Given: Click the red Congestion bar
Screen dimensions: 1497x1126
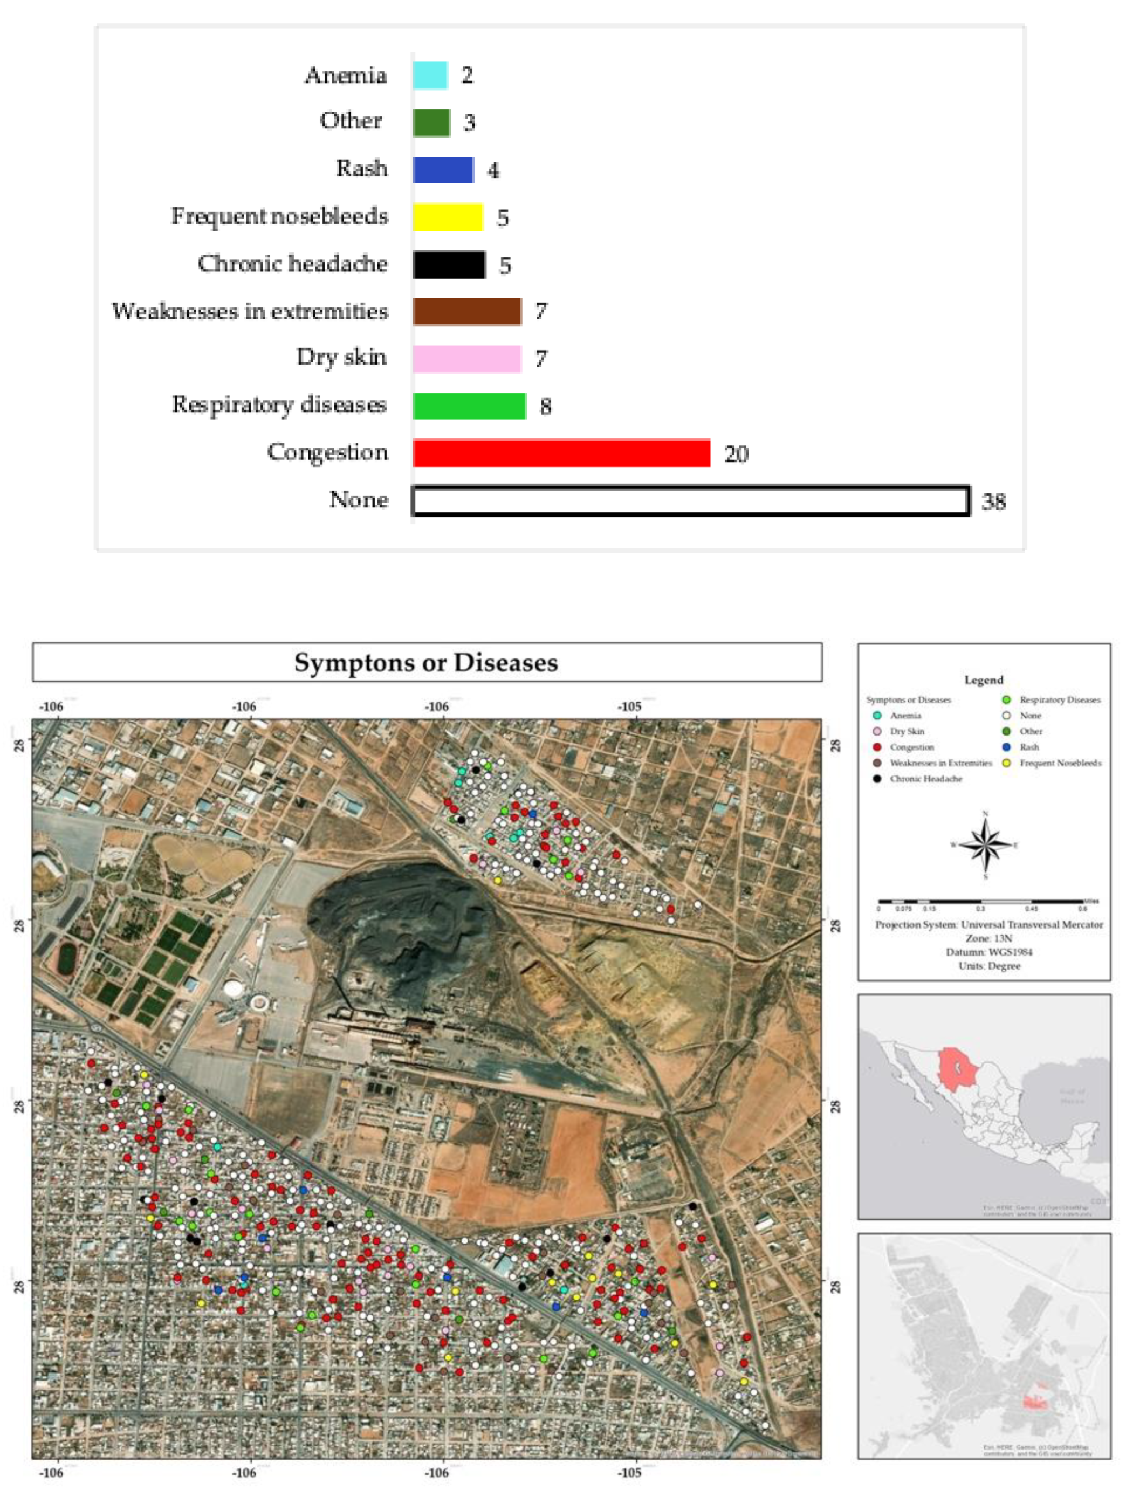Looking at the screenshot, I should click(x=561, y=453).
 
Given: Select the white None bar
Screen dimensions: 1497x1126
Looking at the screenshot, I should click(x=690, y=501).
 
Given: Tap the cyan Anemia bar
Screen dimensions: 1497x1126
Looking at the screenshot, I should click(x=430, y=75).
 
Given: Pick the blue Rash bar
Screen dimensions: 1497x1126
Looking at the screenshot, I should click(x=443, y=170).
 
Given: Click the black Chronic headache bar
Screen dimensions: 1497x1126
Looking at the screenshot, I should click(x=449, y=265).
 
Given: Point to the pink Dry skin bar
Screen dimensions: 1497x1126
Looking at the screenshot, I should click(x=466, y=359).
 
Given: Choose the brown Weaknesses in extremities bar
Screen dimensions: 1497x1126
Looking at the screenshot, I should click(x=466, y=311).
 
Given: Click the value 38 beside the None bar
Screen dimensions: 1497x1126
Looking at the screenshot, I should click(x=993, y=502).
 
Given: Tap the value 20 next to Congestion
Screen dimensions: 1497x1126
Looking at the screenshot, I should click(x=736, y=454).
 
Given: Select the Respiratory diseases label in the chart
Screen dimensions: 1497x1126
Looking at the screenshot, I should click(x=279, y=404).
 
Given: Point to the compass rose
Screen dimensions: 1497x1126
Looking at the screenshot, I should click(x=985, y=844).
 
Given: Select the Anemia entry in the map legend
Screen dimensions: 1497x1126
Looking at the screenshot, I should click(x=905, y=716).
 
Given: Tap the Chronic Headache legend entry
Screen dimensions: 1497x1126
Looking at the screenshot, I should click(x=925, y=779).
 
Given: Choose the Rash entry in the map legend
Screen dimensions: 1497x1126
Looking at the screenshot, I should click(x=1028, y=747).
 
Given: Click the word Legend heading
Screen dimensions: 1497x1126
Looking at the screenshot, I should click(x=983, y=679).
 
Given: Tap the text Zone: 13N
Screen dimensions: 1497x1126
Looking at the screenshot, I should click(x=988, y=939).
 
